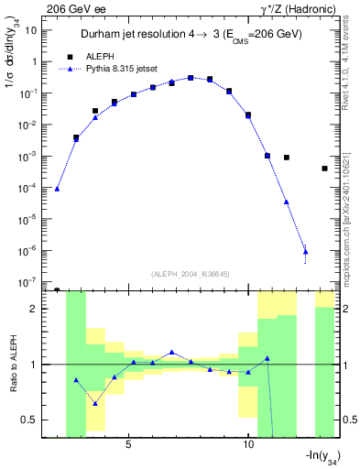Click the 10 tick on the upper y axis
(30, 30)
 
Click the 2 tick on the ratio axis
(35, 309)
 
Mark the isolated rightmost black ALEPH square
(325, 169)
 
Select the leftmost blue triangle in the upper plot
(57, 189)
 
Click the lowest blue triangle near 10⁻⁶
(305, 251)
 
